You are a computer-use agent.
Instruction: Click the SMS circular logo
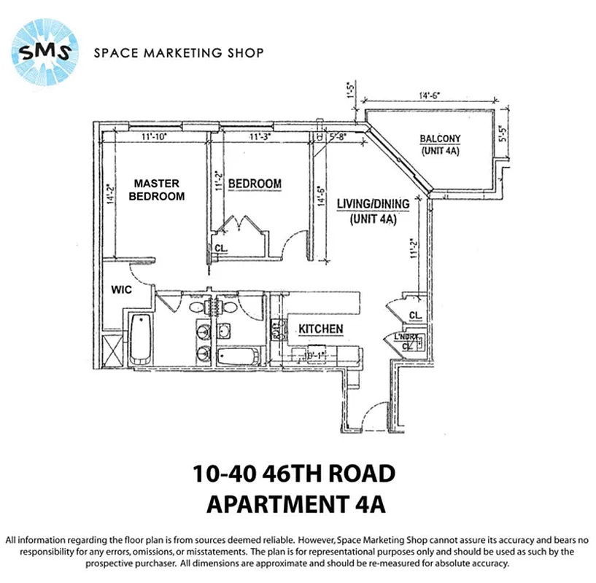pyautogui.click(x=44, y=52)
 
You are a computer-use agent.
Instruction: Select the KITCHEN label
pyautogui.click(x=320, y=329)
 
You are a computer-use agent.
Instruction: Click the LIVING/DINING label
pyautogui.click(x=372, y=211)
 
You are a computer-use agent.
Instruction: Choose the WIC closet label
pyautogui.click(x=120, y=289)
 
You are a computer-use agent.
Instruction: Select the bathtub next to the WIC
pyautogui.click(x=141, y=337)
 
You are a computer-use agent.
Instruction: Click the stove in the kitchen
pyautogui.click(x=277, y=332)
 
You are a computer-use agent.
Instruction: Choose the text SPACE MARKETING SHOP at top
pyautogui.click(x=179, y=52)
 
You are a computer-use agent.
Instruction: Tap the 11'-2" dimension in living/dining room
pyautogui.click(x=414, y=250)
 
